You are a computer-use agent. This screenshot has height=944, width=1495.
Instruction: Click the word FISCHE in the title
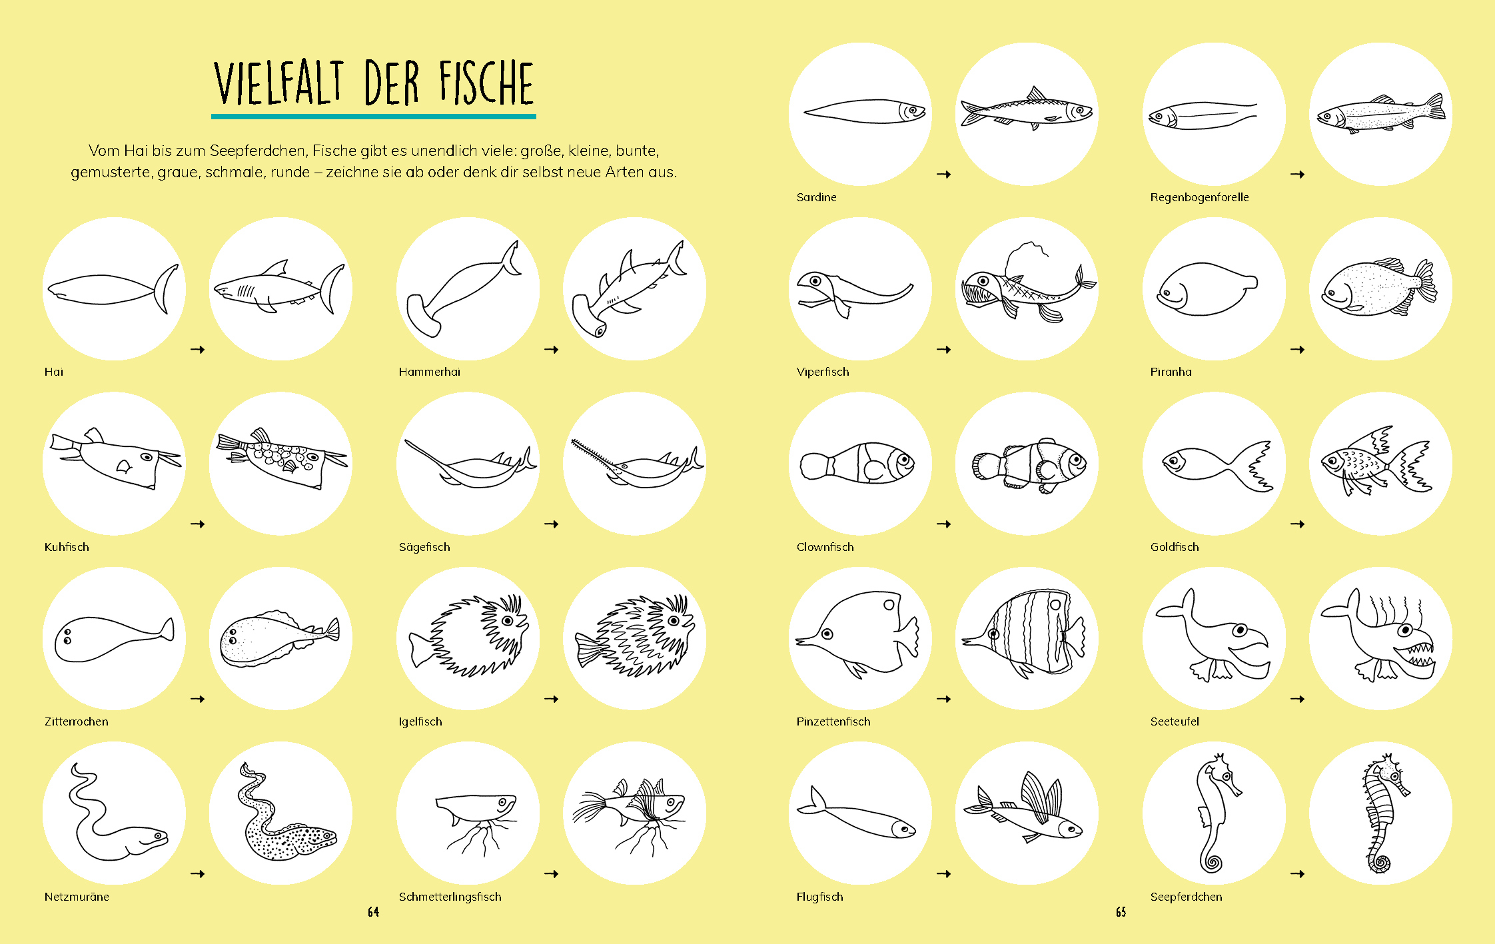point(486,83)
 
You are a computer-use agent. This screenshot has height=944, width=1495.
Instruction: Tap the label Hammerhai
point(429,372)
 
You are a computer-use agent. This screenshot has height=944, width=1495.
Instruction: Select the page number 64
point(373,912)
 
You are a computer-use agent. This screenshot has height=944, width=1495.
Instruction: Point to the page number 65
point(1121,912)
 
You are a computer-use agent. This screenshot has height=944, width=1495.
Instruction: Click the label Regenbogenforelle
point(1199,197)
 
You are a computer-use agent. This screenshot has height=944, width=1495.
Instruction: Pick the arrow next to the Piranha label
point(1297,350)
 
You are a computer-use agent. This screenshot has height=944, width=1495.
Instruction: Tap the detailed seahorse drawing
point(1384,813)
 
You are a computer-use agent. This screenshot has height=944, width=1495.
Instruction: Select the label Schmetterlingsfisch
point(450,897)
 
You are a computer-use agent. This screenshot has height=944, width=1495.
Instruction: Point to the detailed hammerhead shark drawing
point(630,290)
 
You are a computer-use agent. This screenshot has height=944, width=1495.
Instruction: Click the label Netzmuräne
point(77,897)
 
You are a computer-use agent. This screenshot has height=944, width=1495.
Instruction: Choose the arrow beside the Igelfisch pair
point(551,699)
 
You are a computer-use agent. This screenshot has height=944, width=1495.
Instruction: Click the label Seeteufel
point(1174,721)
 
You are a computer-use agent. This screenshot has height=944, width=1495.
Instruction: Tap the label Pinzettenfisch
point(833,721)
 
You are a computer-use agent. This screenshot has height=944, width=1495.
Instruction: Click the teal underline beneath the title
point(374,117)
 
